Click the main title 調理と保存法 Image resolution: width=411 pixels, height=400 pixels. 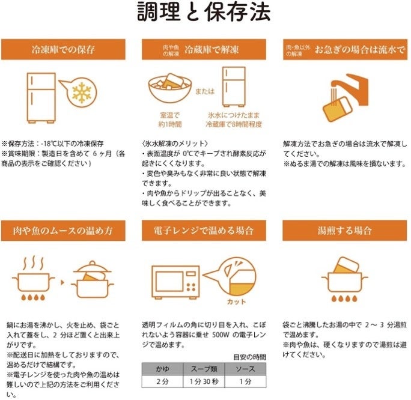[204, 12]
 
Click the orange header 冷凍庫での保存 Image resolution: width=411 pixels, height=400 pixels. [63, 49]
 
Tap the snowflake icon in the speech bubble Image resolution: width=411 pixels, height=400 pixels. [82, 92]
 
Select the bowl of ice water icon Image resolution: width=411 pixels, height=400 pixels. [170, 88]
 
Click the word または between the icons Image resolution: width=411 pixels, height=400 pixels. [205, 91]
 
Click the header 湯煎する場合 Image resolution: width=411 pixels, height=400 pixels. [345, 231]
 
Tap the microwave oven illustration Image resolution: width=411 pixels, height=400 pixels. [175, 282]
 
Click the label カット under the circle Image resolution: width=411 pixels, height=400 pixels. [236, 302]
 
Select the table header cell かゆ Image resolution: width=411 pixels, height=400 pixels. [162, 369]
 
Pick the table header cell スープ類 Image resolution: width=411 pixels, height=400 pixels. [204, 369]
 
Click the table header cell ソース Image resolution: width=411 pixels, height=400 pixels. [245, 369]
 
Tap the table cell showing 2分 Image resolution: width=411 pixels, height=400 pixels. [162, 381]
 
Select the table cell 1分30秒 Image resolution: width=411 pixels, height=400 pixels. [204, 381]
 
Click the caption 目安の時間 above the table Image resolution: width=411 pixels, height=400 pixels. [249, 357]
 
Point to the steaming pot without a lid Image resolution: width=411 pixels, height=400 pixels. [33, 278]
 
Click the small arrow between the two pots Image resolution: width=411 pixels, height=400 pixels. [62, 282]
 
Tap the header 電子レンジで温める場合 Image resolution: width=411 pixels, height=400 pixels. [204, 231]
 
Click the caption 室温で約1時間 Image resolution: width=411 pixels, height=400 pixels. [170, 120]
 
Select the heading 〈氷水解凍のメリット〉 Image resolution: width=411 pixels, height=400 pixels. [175, 144]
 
